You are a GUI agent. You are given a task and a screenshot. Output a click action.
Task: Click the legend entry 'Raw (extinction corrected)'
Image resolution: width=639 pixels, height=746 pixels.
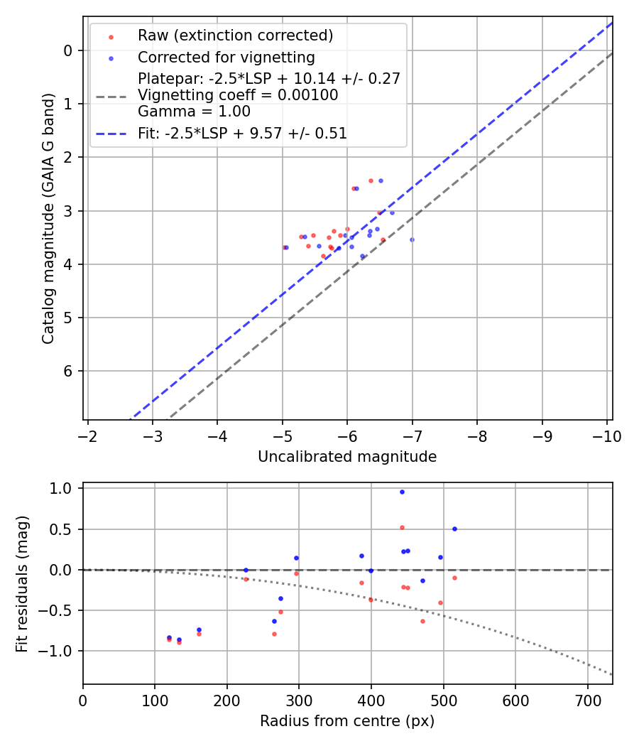click(235, 36)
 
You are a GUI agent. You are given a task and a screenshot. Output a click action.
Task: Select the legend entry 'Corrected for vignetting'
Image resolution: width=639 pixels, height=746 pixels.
click(226, 57)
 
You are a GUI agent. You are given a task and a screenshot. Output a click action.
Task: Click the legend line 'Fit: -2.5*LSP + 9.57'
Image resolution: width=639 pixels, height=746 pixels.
click(242, 133)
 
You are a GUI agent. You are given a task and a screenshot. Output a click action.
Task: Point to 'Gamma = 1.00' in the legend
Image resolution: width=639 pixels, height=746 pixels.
click(194, 112)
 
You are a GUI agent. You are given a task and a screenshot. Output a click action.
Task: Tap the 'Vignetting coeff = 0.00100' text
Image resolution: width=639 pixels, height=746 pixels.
click(238, 95)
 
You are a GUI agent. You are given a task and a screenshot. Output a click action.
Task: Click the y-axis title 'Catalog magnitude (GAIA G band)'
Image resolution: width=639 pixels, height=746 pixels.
click(48, 217)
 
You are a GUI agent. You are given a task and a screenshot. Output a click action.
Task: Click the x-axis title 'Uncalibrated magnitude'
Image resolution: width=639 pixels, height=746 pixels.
click(347, 457)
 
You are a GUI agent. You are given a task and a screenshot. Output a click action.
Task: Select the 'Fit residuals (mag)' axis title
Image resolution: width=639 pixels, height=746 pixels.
click(22, 583)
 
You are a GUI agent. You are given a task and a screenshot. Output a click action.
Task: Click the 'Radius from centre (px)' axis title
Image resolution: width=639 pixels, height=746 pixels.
click(347, 721)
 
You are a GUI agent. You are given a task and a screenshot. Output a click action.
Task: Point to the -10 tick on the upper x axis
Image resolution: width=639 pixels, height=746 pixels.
click(608, 436)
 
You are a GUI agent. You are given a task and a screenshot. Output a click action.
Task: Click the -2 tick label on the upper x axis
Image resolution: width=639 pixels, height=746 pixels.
click(87, 436)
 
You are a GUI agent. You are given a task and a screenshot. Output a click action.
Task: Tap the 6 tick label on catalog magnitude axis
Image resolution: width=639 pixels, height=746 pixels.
click(68, 372)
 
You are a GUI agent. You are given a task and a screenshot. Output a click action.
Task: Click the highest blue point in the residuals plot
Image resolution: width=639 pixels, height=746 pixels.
click(402, 492)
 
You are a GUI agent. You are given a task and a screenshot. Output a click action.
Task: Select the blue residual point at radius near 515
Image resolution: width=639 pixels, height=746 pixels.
click(454, 529)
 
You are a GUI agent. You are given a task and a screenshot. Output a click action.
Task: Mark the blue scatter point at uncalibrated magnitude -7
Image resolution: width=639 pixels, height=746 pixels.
click(412, 239)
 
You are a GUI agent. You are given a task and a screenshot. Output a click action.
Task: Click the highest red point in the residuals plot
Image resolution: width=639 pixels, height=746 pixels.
click(402, 527)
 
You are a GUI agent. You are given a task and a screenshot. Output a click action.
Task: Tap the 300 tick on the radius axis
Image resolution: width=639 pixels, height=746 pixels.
click(299, 701)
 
